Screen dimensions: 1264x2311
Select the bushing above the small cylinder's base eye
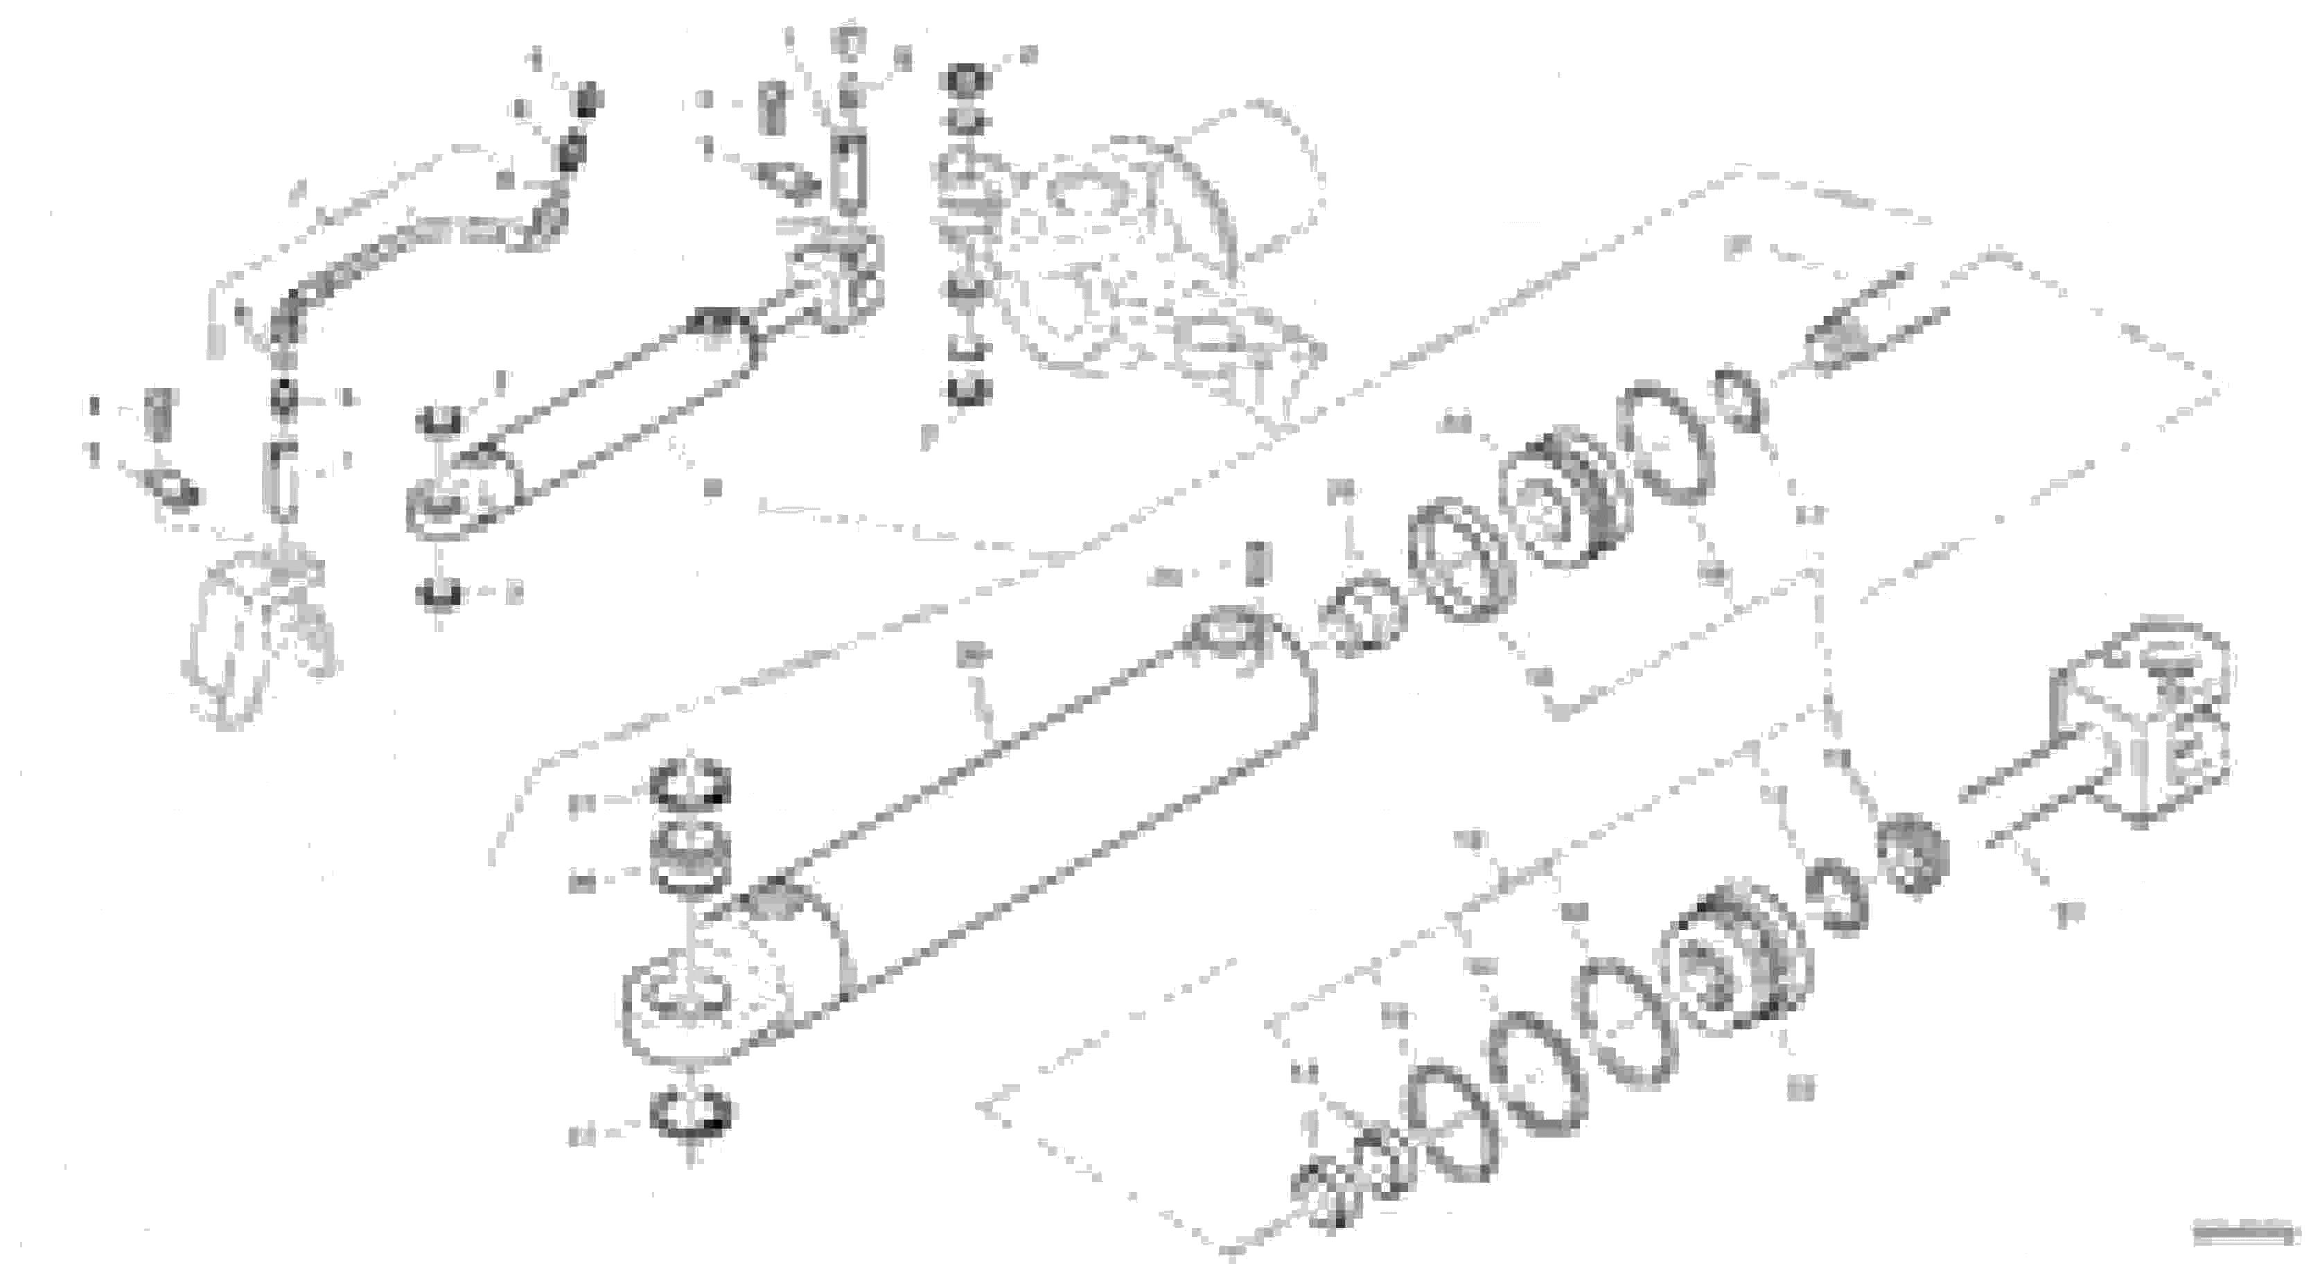point(439,420)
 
